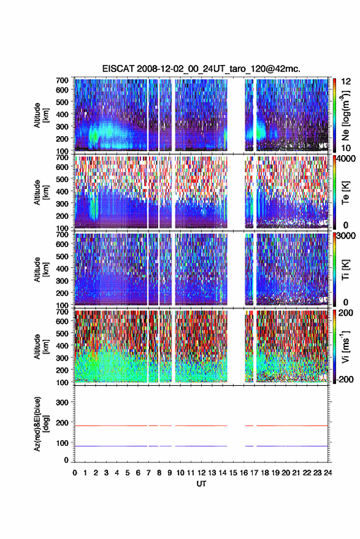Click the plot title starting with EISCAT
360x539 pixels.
(x=201, y=69)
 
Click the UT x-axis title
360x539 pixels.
(x=201, y=484)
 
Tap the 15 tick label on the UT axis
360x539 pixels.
(x=233, y=473)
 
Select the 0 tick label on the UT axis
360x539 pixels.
(x=75, y=473)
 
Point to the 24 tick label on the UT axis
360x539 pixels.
(x=327, y=473)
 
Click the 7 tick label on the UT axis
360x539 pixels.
(x=148, y=473)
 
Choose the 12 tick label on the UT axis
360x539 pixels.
(x=202, y=473)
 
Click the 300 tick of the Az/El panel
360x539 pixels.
(x=62, y=402)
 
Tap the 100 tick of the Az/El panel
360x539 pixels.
(x=62, y=443)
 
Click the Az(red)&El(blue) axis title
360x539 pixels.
(x=41, y=424)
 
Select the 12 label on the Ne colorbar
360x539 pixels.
(x=346, y=82)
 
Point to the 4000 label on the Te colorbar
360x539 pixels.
(x=346, y=159)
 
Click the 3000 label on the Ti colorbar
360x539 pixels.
(x=346, y=236)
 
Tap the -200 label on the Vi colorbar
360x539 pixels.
(x=345, y=380)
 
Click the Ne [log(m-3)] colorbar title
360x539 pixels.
(x=346, y=115)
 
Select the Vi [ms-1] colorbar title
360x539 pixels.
(x=346, y=346)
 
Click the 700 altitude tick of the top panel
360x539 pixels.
(x=62, y=80)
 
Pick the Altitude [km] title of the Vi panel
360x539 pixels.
(x=41, y=346)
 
